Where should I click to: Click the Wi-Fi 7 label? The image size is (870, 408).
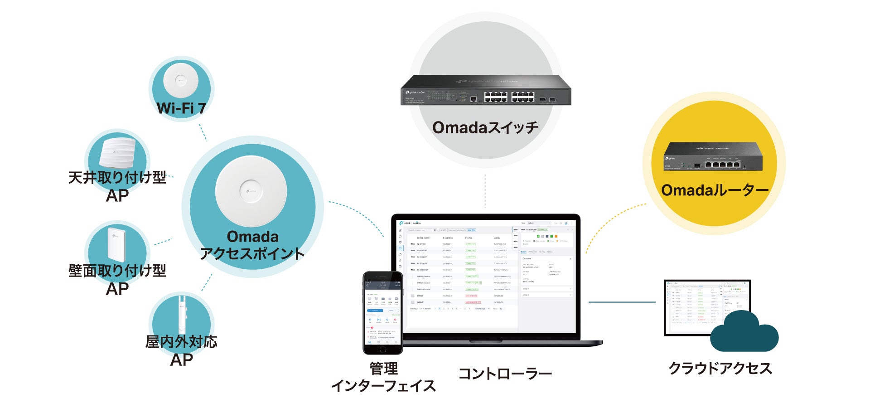click(x=181, y=108)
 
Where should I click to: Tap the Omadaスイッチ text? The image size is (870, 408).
click(x=485, y=127)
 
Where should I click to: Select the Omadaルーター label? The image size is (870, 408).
click(x=715, y=190)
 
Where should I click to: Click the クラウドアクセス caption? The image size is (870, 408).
click(x=720, y=368)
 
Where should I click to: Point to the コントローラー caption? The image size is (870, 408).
click(x=505, y=374)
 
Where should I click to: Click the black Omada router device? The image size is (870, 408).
click(x=713, y=156)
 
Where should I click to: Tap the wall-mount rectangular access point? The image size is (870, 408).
click(x=116, y=244)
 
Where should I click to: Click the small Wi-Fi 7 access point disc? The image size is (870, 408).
click(x=181, y=81)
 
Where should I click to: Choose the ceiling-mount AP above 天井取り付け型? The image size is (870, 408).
click(x=117, y=153)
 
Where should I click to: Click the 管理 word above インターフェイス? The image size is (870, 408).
click(x=383, y=369)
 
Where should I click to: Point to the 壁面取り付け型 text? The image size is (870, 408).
click(x=117, y=271)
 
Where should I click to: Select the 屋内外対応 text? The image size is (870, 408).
click(x=181, y=342)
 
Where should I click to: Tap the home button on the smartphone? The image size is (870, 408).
click(x=383, y=349)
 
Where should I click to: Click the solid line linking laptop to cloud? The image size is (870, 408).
click(x=622, y=302)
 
